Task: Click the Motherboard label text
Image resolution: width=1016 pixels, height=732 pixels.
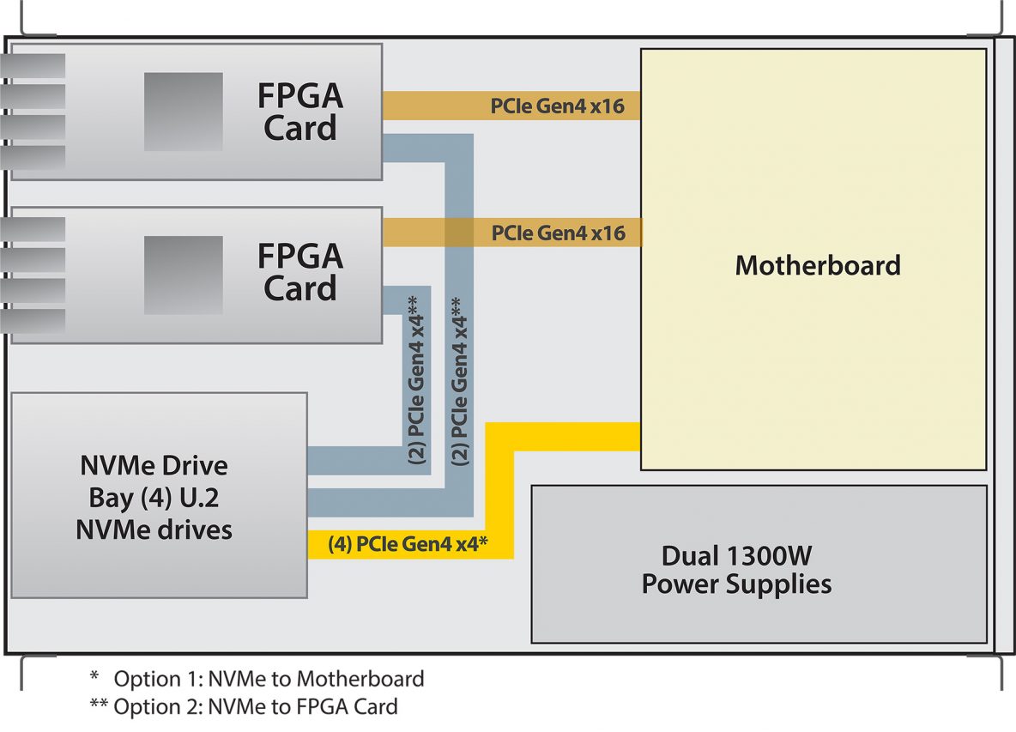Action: [818, 265]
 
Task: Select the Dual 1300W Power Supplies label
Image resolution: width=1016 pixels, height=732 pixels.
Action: [737, 570]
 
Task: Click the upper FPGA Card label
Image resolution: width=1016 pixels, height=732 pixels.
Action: [300, 112]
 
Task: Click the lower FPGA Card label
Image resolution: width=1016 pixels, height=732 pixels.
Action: [300, 272]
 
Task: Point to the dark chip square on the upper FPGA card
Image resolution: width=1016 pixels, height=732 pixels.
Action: [184, 112]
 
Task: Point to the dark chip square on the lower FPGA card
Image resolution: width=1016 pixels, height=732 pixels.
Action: [184, 275]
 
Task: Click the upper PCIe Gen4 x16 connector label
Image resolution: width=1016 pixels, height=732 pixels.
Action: [557, 106]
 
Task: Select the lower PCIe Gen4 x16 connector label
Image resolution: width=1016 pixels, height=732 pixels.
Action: [559, 233]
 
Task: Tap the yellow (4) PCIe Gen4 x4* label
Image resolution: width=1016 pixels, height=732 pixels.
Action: [408, 543]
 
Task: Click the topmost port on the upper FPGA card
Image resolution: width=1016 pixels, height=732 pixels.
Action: [33, 66]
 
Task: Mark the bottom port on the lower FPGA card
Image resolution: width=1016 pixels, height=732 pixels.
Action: [33, 321]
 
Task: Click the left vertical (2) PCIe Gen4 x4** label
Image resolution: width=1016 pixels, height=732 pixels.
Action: [417, 380]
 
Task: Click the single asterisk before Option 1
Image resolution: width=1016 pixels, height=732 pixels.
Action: [94, 676]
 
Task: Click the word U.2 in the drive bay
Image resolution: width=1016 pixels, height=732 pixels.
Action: [200, 498]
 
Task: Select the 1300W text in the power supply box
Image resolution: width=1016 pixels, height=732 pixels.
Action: [769, 556]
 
